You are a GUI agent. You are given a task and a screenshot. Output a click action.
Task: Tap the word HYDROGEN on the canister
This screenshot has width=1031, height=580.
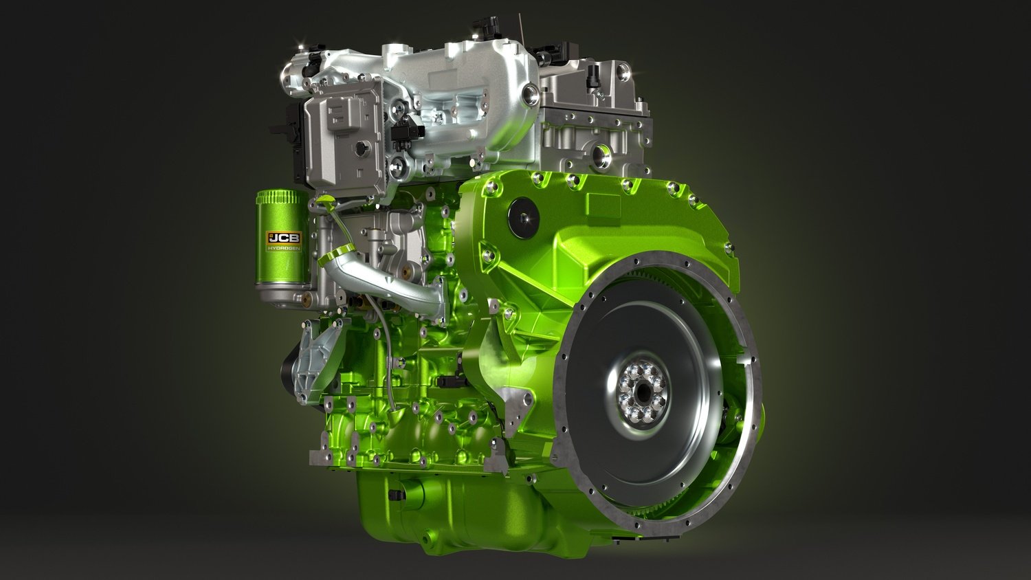[x=285, y=249]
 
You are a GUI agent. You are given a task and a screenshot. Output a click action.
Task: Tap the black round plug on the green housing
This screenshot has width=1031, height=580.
[x=524, y=218]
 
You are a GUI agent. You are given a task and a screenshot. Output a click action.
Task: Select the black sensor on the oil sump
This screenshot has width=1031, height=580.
[x=395, y=495]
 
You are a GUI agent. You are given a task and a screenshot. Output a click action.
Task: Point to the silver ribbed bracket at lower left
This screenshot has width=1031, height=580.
[x=318, y=359]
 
